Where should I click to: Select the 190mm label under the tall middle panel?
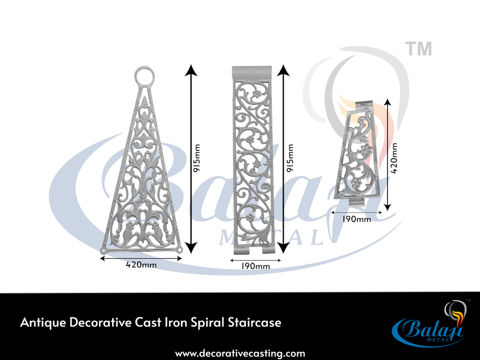coord(255,266)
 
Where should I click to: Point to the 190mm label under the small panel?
coord(357,218)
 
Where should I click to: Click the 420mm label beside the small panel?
coord(395,158)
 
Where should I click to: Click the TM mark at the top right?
coord(418,49)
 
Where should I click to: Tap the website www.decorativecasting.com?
coord(240,353)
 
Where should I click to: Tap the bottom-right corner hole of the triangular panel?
coord(179,249)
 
